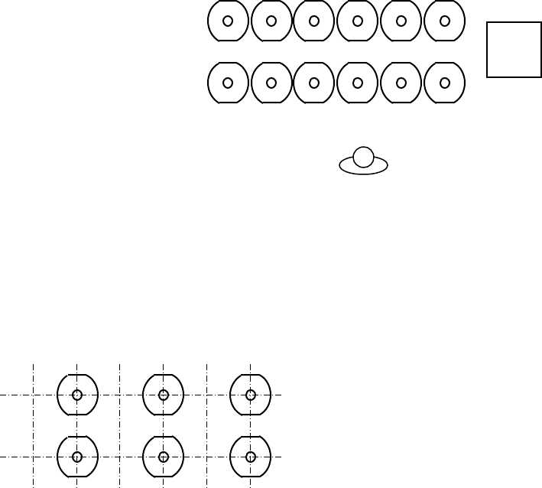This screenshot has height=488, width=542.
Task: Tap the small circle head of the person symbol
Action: point(365,157)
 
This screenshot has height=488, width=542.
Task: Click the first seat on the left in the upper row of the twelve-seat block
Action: point(228,21)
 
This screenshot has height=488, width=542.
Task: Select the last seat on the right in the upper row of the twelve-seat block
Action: point(444,21)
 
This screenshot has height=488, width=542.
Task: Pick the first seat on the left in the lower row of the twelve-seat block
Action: point(228,83)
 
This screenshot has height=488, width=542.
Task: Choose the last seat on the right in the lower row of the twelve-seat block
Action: point(444,83)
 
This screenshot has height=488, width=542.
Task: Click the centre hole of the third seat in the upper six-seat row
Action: point(314,21)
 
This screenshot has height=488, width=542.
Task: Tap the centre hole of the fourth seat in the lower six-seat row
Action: point(358,83)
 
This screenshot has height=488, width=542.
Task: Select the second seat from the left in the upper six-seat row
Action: point(271,21)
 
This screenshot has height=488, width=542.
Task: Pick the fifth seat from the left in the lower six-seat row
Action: point(401,83)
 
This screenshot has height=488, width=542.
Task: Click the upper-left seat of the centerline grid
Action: point(76,395)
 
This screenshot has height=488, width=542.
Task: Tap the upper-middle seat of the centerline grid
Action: point(163,395)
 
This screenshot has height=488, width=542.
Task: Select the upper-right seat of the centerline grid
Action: point(250,395)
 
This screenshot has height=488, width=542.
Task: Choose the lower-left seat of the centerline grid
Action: point(76,457)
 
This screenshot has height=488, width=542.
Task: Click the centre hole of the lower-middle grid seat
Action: point(163,457)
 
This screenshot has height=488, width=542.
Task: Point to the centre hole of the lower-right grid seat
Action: point(250,457)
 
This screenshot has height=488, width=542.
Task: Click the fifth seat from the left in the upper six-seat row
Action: point(401,21)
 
